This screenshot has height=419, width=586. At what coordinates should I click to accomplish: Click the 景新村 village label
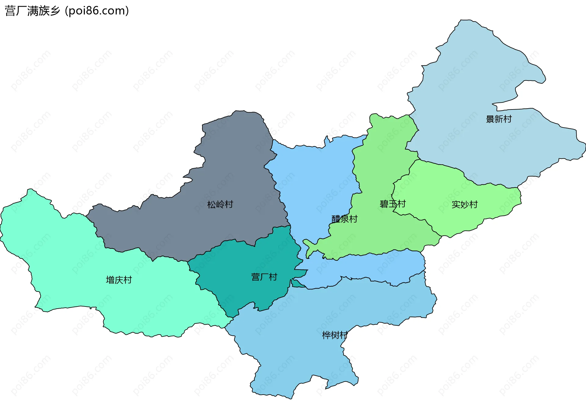pos(498,119)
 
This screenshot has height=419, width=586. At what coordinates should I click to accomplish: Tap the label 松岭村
pos(220,204)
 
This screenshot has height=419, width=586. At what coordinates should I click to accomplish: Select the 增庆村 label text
pos(119,280)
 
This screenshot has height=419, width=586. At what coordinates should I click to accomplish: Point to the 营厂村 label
pos(264,277)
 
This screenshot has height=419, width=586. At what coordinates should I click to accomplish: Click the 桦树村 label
pos(335,335)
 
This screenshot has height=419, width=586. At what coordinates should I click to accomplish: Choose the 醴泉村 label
pos(344,219)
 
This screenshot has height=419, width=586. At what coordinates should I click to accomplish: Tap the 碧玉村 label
pos(392,204)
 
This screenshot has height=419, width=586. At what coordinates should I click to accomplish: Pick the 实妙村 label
pos(465,204)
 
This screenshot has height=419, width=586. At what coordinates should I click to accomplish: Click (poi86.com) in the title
pos(97,11)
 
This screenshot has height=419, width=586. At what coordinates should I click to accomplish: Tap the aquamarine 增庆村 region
pos(61,259)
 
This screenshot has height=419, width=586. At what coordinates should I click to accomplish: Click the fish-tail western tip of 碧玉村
pos(305,242)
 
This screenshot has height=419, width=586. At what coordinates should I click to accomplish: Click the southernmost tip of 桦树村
pos(290,398)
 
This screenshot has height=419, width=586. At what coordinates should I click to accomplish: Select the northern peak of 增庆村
pos(30,191)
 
